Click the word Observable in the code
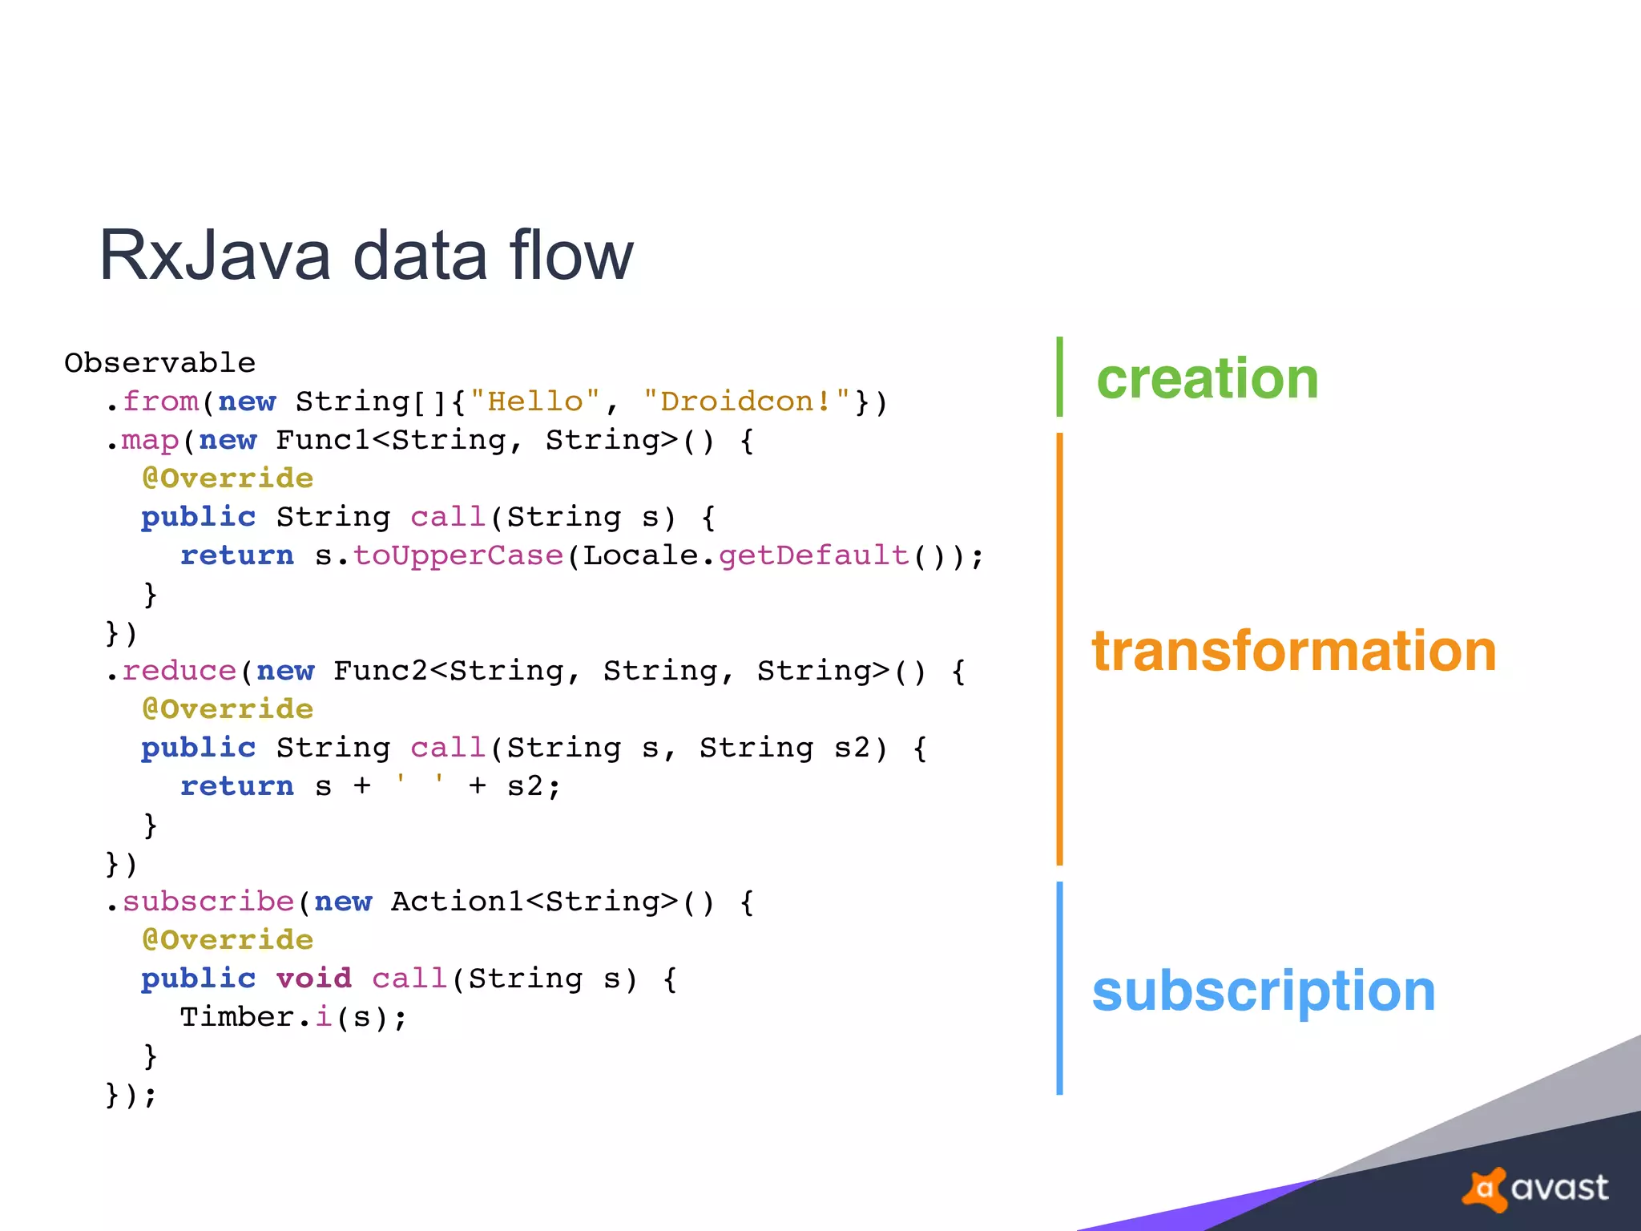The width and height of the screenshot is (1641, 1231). point(159,363)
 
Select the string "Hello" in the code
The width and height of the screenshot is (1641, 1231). point(534,402)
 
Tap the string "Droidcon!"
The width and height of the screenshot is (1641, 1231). point(746,402)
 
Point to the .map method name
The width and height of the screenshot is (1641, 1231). point(150,440)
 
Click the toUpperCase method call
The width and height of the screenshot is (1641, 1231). point(458,555)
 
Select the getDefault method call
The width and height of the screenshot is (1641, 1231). point(813,555)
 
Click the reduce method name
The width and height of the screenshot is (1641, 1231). point(179,671)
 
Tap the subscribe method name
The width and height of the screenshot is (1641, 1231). point(208,902)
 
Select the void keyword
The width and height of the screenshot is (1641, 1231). point(313,979)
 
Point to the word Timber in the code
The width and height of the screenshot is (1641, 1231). point(236,1017)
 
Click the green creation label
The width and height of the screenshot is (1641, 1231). point(1207,378)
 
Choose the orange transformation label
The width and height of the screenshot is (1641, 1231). point(1294,650)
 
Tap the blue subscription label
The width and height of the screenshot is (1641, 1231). point(1264,991)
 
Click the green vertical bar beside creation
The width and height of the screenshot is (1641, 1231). point(1059,377)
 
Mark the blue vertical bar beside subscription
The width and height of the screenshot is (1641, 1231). point(1059,988)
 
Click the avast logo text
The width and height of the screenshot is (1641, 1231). point(1558,1188)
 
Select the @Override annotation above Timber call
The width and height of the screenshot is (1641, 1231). point(228,940)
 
